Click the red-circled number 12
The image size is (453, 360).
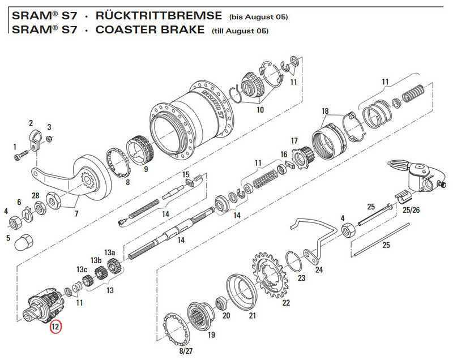coord(55,327)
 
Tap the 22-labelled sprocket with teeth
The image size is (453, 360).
coord(270,277)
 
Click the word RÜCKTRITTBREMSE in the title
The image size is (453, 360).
coord(159,15)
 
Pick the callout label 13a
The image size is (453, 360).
coord(109,252)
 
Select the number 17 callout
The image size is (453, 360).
coord(294,140)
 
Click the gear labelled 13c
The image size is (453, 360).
coord(87,281)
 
